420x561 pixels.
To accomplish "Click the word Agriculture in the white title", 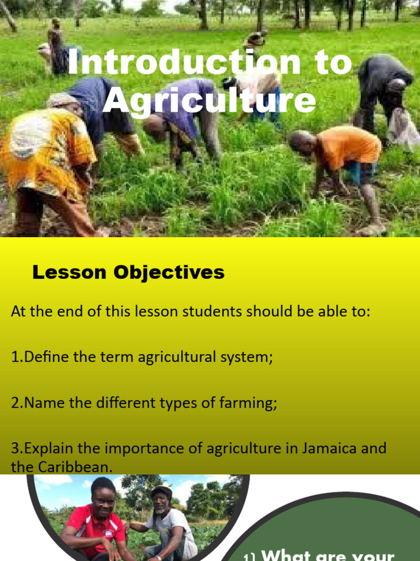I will coord(209,101).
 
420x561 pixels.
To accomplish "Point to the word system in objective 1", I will coord(244,358).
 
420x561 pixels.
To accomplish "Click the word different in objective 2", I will coord(126,403).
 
